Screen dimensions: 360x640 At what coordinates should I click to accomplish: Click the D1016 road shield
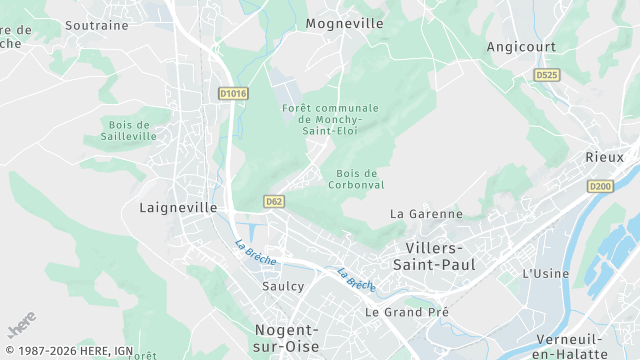(232, 93)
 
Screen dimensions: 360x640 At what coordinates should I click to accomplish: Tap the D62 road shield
(274, 201)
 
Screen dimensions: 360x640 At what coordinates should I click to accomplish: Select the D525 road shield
(546, 75)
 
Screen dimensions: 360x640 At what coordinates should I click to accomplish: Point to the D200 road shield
(600, 186)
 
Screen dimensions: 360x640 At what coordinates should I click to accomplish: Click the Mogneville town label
(344, 23)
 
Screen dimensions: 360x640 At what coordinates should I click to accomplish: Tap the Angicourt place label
(520, 47)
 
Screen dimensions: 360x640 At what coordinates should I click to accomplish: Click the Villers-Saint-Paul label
(441, 256)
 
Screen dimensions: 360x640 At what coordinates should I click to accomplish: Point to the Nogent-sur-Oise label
(286, 338)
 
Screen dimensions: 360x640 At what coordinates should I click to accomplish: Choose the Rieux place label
(604, 157)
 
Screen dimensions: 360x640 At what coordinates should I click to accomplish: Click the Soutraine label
(98, 23)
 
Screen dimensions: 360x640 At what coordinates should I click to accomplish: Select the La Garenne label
(426, 214)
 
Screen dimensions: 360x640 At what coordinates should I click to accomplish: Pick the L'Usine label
(546, 273)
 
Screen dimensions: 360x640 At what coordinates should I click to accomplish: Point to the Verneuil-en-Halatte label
(570, 346)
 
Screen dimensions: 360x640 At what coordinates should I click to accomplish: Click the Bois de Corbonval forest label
(356, 179)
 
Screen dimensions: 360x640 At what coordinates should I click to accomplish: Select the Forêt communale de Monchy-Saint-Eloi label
(331, 119)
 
